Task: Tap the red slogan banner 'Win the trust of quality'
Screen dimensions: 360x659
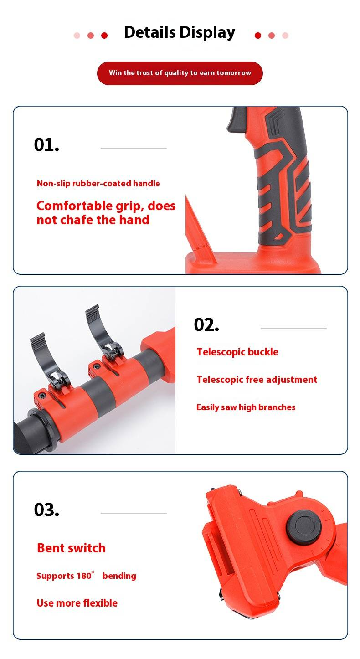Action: click(180, 73)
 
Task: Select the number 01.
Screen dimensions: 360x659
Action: click(46, 145)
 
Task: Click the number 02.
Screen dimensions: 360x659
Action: click(206, 325)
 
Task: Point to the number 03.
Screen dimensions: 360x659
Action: click(46, 510)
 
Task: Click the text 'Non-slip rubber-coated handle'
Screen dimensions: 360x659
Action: click(98, 184)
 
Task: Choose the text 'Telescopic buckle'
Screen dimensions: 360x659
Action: click(237, 352)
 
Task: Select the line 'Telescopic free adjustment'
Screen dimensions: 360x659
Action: click(257, 380)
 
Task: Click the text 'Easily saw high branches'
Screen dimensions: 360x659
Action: click(246, 407)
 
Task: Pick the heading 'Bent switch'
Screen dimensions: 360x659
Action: click(71, 548)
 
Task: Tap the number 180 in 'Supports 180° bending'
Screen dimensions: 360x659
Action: click(84, 576)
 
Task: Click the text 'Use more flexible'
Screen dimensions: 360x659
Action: click(77, 603)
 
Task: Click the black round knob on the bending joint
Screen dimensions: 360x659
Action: click(304, 527)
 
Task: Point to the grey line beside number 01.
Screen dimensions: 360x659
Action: click(134, 148)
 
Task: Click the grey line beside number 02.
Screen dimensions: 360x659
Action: click(293, 328)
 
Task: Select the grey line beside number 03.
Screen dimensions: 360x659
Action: click(134, 513)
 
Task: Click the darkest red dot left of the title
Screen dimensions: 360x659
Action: click(104, 36)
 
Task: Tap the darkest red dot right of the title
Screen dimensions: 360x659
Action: click(258, 36)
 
